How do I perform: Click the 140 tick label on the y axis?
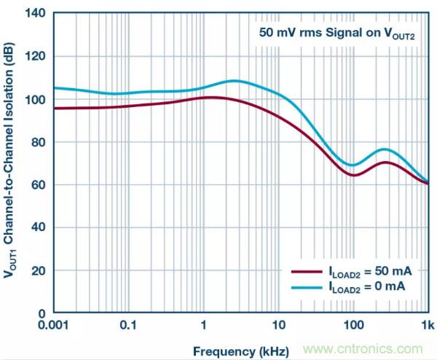pyautogui.click(x=38, y=13)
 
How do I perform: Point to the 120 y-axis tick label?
pyautogui.click(x=38, y=56)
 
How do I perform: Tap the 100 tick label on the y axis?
pyautogui.click(x=38, y=99)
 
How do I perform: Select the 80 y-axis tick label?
pyautogui.click(x=41, y=142)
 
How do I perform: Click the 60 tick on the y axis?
pyautogui.click(x=41, y=185)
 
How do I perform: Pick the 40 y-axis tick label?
pyautogui.click(x=41, y=227)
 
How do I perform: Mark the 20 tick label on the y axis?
pyautogui.click(x=41, y=270)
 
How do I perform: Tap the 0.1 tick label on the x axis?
pyautogui.click(x=130, y=325)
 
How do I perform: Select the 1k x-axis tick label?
pyautogui.click(x=428, y=325)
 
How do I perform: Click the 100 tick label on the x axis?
pyautogui.click(x=353, y=325)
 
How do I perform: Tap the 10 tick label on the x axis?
pyautogui.click(x=278, y=325)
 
